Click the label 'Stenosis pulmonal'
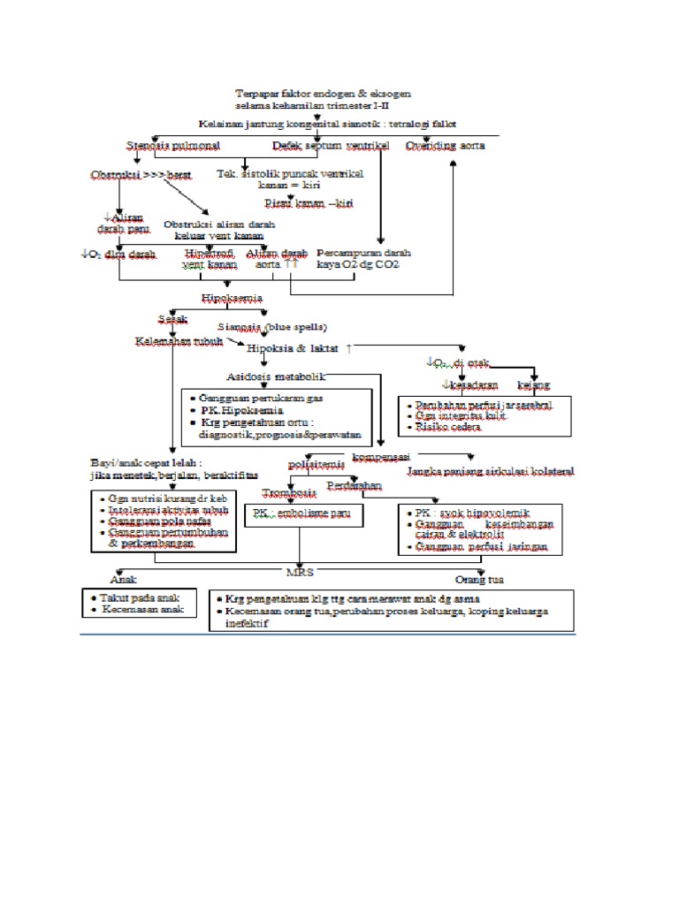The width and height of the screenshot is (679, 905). coord(172,145)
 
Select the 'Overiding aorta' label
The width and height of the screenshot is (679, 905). coord(445,145)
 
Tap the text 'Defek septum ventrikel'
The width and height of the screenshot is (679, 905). coord(330,145)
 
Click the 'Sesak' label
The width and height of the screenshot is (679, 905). coord(173,317)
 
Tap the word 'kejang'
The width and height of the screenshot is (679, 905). coord(533,384)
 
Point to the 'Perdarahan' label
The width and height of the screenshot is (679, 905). coord(354,486)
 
